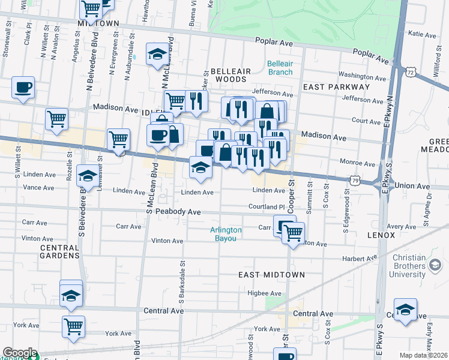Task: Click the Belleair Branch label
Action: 279,68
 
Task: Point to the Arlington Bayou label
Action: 226,234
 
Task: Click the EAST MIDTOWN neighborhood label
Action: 271,275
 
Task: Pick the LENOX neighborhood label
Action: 379,235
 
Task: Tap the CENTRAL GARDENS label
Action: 59,251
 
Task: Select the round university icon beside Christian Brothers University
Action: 435,265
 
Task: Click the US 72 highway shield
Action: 409,71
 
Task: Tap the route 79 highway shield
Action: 355,179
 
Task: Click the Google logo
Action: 19,353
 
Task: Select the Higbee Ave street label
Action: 265,293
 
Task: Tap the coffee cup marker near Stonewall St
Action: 23,88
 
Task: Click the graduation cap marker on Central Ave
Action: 406,310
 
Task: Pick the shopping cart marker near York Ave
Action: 74,327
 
